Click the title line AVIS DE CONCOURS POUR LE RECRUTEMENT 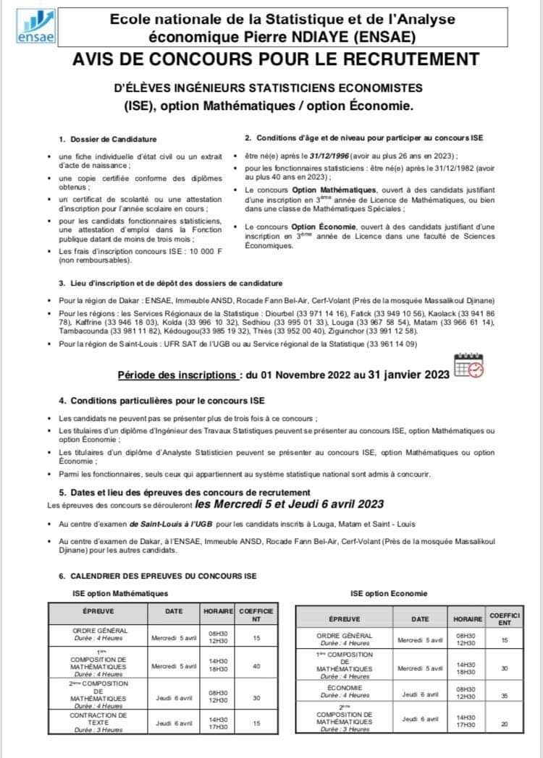click(x=276, y=59)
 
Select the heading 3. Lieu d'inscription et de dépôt click(x=171, y=283)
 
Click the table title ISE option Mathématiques click(x=120, y=593)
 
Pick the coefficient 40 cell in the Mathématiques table click(x=256, y=665)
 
